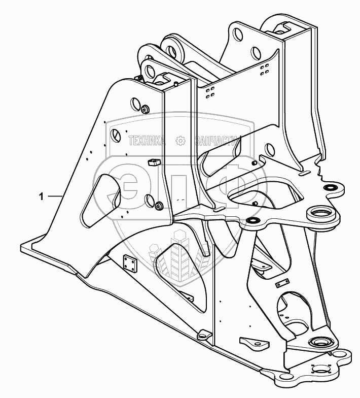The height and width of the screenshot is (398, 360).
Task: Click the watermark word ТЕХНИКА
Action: click(x=147, y=141)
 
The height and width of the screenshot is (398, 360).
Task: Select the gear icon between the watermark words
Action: click(x=179, y=141)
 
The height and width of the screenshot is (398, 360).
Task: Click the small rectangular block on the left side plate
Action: click(x=153, y=162)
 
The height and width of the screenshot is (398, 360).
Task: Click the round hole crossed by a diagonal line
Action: click(x=116, y=136)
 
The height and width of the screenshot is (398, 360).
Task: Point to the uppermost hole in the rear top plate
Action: click(x=237, y=34)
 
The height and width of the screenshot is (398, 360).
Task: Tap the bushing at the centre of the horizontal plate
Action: click(x=251, y=220)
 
